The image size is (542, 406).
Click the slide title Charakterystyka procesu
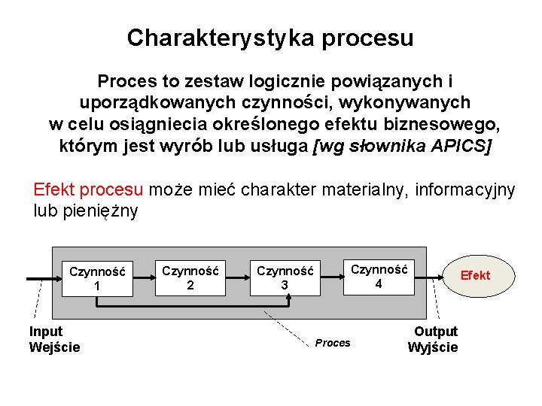[x=270, y=38]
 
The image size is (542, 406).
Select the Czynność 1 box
[x=96, y=278]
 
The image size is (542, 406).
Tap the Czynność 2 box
[x=190, y=277]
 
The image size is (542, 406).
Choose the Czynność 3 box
[x=284, y=277]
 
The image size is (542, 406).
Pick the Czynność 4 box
[x=379, y=276]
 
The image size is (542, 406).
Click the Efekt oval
[x=474, y=275]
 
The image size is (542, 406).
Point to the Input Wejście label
[x=54, y=339]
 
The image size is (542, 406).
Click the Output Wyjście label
[x=434, y=339]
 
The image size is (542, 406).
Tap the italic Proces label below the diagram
[x=333, y=343]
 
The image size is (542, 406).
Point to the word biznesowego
[x=443, y=123]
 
